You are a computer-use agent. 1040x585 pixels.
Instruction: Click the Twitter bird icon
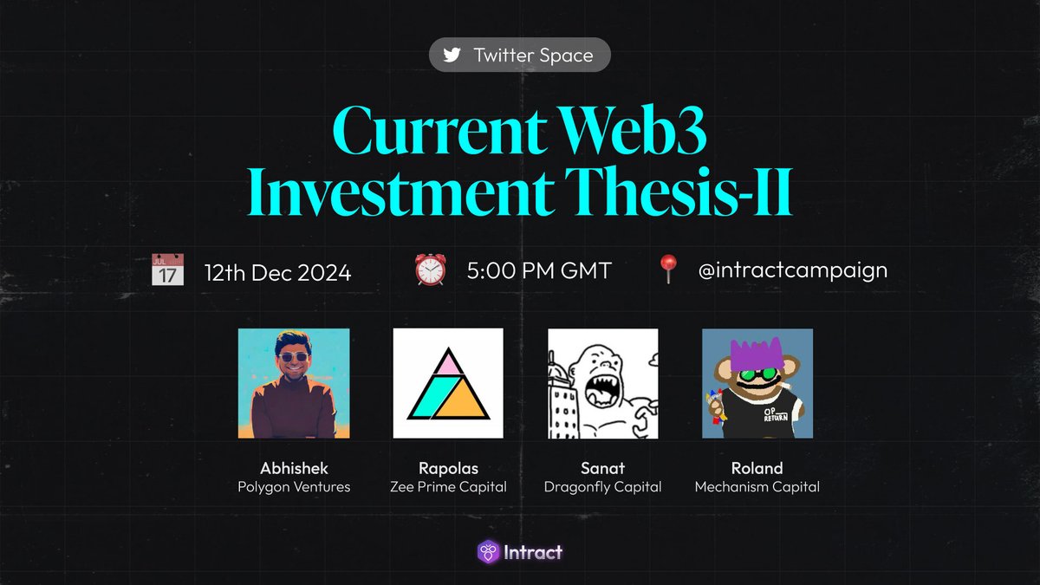pos(452,55)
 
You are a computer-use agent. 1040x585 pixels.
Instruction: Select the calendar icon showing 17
pos(167,270)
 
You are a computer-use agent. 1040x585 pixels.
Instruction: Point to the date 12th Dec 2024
pos(277,272)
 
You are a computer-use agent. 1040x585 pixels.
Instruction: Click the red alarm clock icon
pos(430,270)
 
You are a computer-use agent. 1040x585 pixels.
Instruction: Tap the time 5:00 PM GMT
pos(538,270)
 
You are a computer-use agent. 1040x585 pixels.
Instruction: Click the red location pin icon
pos(667,270)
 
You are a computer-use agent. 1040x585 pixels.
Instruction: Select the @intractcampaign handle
pos(792,270)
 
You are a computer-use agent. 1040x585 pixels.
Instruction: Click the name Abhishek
pos(294,469)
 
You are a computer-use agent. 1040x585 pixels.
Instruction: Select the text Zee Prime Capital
pos(448,487)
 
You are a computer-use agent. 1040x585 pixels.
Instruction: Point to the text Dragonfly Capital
pos(602,487)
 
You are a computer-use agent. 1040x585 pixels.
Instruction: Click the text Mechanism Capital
pos(757,487)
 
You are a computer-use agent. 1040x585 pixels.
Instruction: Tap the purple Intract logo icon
pos(488,551)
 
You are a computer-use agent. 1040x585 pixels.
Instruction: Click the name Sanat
pos(602,469)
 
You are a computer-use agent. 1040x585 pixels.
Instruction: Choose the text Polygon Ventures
pos(294,487)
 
